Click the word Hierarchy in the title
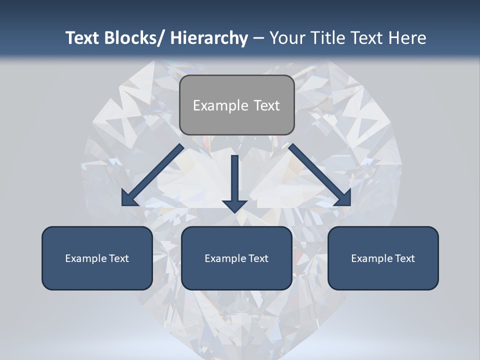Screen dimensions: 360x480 coord(209,38)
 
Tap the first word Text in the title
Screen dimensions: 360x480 coord(83,38)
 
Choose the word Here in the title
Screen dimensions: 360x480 coord(407,38)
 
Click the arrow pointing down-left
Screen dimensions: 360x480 coord(152,175)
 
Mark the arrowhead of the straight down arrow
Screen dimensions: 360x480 coord(235,205)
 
